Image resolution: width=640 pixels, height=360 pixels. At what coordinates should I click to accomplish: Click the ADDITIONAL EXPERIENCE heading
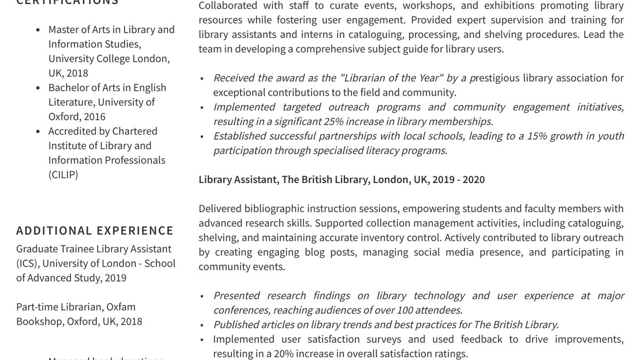click(x=95, y=230)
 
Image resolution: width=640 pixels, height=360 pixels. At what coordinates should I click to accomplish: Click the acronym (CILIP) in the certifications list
click(x=63, y=174)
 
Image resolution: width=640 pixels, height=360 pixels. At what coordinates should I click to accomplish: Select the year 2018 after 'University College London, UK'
click(x=77, y=73)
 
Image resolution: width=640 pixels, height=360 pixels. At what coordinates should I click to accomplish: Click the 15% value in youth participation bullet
click(x=537, y=135)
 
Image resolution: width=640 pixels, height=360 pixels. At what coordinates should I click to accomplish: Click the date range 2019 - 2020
click(x=459, y=179)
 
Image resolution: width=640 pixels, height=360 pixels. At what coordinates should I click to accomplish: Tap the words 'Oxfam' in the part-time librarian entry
click(x=121, y=307)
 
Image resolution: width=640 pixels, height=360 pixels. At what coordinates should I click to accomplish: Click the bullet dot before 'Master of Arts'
click(x=37, y=30)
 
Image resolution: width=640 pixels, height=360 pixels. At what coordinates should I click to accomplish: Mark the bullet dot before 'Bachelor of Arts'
click(x=37, y=87)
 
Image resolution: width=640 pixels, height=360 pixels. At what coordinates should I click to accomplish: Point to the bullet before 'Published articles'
click(x=202, y=324)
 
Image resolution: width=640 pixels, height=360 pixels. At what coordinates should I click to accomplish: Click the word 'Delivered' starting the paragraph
click(x=220, y=208)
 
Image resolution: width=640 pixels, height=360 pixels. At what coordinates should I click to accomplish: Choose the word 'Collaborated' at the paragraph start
click(x=228, y=5)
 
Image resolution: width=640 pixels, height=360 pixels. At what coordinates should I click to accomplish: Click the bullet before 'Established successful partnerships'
click(x=202, y=136)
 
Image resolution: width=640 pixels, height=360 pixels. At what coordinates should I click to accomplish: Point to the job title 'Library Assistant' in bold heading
click(x=237, y=179)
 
